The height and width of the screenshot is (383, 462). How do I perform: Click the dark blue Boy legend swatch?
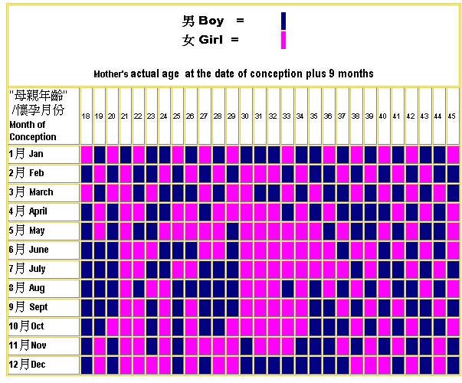click(x=283, y=21)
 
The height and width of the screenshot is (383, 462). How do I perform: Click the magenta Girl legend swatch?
click(x=283, y=40)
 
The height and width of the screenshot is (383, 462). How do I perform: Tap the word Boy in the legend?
click(x=211, y=21)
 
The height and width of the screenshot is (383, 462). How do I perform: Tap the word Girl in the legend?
click(x=211, y=40)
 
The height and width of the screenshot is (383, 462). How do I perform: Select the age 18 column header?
click(x=86, y=116)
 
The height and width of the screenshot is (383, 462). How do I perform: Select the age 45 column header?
click(x=451, y=116)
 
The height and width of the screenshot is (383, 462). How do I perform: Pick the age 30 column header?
click(x=245, y=116)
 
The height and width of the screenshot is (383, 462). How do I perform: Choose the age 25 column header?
click(x=176, y=116)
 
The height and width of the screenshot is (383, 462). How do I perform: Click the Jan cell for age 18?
click(x=87, y=155)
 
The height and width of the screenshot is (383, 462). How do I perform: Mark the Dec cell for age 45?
click(x=453, y=365)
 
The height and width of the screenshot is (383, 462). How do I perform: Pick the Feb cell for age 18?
click(x=87, y=174)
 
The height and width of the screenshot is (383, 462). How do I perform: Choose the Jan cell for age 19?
click(x=100, y=155)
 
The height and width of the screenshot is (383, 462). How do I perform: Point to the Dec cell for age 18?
click(x=87, y=365)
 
